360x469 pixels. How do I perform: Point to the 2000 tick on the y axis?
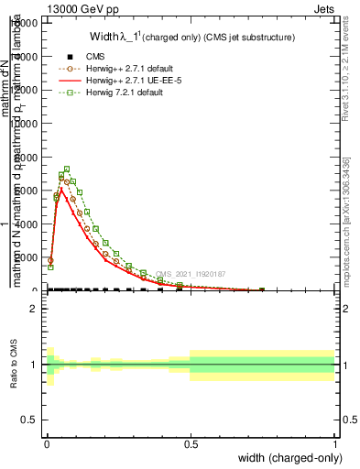(x=31, y=257)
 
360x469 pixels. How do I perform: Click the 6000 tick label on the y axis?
(x=31, y=191)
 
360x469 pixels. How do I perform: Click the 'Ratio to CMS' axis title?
(x=14, y=365)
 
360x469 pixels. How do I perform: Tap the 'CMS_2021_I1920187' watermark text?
(x=191, y=274)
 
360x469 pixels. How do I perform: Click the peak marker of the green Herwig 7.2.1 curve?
(x=67, y=169)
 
